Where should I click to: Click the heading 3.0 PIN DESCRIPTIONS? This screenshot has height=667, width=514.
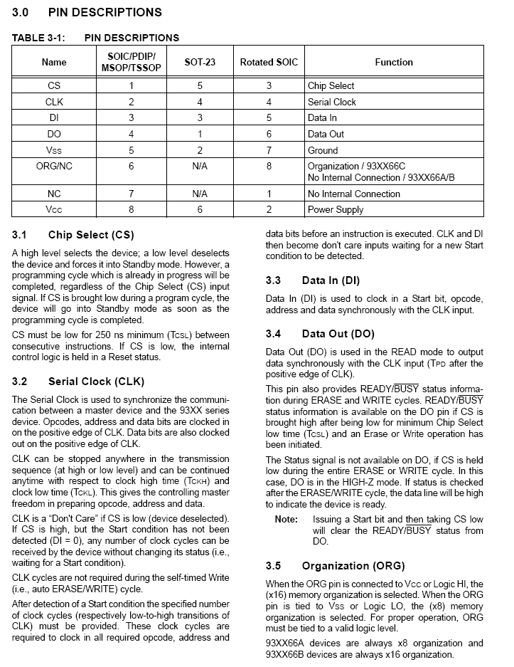87,12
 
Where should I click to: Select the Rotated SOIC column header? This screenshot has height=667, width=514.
266,62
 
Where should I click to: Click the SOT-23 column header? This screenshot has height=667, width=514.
200,62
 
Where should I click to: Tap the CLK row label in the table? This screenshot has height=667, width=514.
54,102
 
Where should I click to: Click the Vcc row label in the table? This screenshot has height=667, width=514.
54,209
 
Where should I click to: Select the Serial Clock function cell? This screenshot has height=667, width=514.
332,102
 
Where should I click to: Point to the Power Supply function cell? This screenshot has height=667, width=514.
336,209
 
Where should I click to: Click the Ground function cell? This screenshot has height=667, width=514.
323,150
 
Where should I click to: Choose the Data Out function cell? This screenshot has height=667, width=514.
326,134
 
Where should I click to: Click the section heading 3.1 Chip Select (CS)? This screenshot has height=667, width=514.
73,235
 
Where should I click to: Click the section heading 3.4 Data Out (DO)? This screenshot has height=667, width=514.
320,334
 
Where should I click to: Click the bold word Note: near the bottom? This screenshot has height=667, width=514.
287,520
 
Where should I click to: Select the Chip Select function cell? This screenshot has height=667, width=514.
331,85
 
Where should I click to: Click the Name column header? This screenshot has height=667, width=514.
54,62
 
